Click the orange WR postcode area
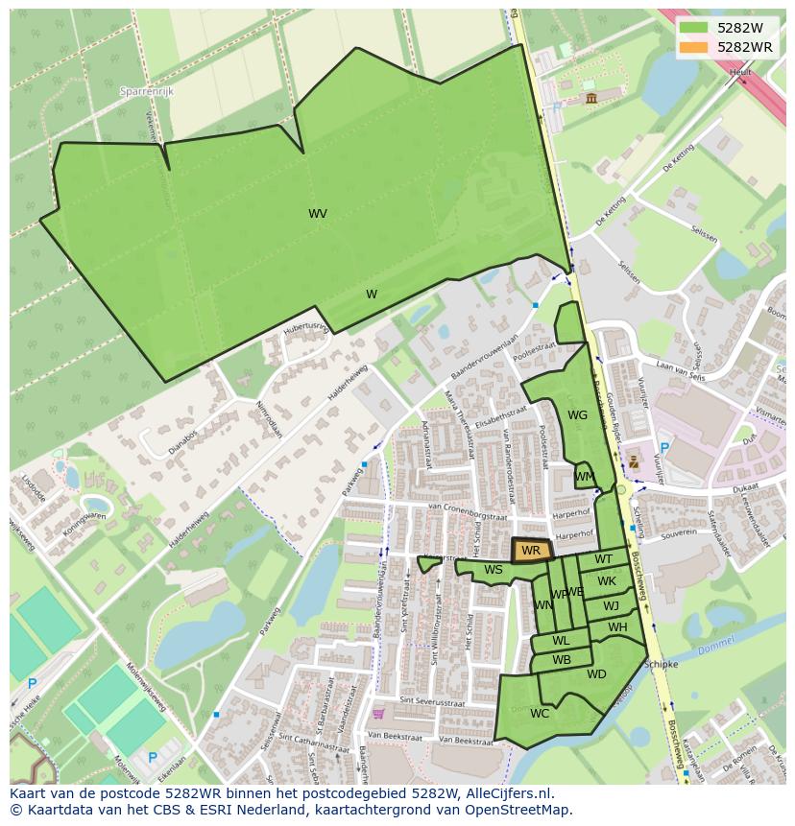(x=531, y=551)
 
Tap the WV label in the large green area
(x=318, y=214)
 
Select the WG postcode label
(x=577, y=415)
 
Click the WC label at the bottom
(x=540, y=713)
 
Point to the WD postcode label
(x=596, y=674)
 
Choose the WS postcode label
(x=494, y=570)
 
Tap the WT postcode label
(x=603, y=559)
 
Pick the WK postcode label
(x=607, y=581)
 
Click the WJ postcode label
(x=611, y=605)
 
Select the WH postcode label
(x=617, y=627)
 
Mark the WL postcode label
(x=561, y=641)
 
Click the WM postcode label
(x=584, y=477)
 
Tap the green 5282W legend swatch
(x=692, y=28)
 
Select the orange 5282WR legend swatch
(x=692, y=47)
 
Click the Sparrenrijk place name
(x=144, y=91)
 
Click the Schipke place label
(x=662, y=664)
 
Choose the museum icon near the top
(x=590, y=98)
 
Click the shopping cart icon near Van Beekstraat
(x=378, y=713)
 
